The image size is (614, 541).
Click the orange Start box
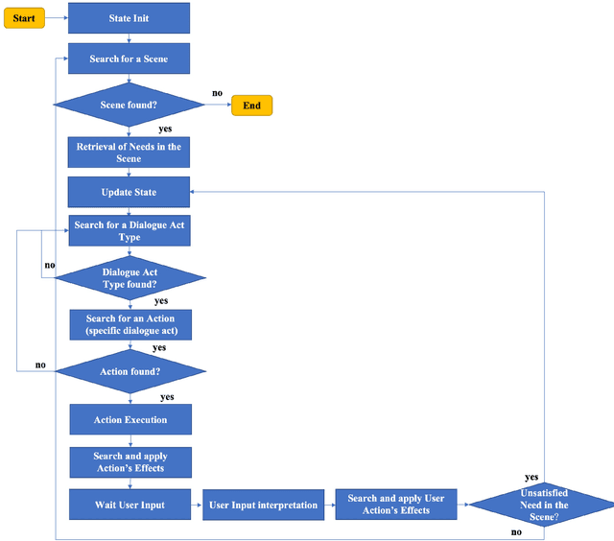pos(24,18)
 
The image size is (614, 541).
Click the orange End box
pos(251,106)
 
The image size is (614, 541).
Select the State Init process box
pos(129,18)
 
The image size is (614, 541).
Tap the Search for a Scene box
pos(129,59)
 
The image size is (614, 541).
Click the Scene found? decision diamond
pos(130,105)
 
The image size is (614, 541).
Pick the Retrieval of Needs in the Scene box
pos(129,152)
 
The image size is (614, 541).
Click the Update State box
pos(129,192)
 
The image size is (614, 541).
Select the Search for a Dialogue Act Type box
pos(129,231)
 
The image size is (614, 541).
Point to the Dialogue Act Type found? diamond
pos(130,278)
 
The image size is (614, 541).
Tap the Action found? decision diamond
pos(130,369)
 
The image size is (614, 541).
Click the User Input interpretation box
pos(261,505)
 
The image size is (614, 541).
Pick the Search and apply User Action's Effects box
pos(396,505)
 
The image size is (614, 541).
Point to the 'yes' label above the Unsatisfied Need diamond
pos(531,477)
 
